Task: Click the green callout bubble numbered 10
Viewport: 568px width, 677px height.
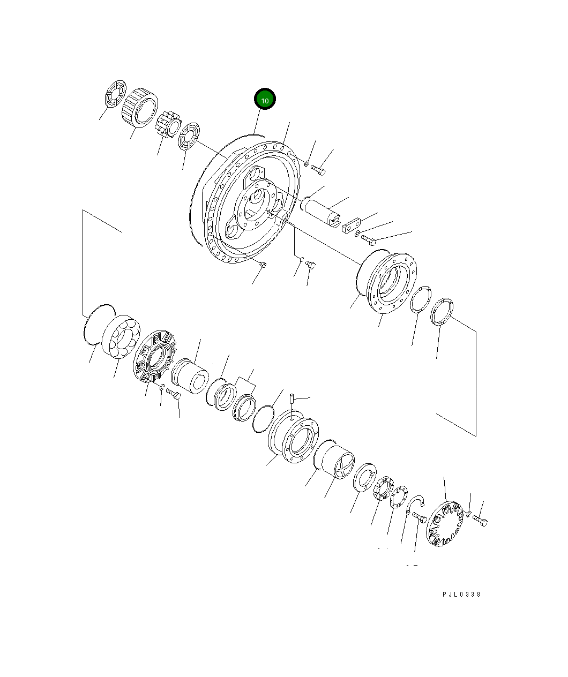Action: coord(265,99)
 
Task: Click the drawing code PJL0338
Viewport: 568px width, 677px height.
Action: coord(461,594)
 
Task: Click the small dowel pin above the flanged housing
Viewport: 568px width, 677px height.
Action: coord(292,399)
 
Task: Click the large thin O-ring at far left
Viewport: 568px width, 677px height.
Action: coord(99,324)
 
